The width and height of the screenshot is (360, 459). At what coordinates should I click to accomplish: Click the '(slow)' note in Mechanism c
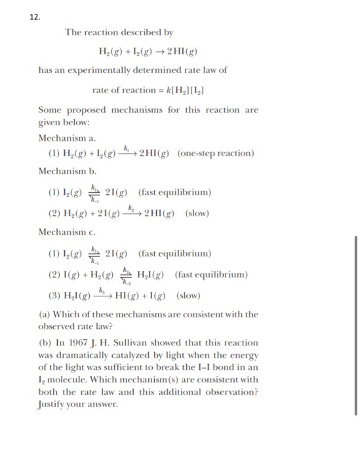pyautogui.click(x=188, y=295)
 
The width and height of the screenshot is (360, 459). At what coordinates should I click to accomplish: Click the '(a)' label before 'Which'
pyautogui.click(x=46, y=315)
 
